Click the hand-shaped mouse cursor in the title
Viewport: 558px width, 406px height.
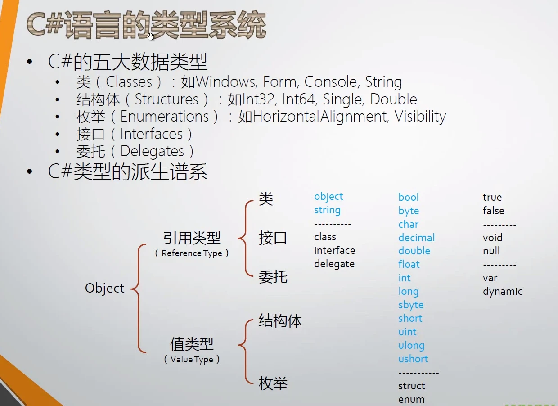click(150, 36)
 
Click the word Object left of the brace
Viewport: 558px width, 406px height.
click(104, 289)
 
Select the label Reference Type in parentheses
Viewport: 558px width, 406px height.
click(192, 253)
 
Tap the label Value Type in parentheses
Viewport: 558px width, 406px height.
click(192, 359)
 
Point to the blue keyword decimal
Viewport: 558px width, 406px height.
click(417, 238)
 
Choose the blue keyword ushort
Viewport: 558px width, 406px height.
click(413, 359)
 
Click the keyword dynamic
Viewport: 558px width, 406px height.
click(503, 292)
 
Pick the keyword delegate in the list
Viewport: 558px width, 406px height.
click(334, 264)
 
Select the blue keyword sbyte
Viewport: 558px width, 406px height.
click(411, 305)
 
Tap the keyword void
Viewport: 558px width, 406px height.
click(492, 238)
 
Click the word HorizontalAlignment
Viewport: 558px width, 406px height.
click(320, 117)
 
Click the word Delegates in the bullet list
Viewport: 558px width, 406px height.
click(152, 152)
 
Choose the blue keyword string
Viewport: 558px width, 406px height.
click(327, 210)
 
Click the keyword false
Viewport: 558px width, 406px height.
click(494, 211)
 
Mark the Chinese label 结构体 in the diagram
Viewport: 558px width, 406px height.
click(280, 320)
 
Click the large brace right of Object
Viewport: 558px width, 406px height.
click(139, 298)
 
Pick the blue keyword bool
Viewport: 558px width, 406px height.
click(409, 197)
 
